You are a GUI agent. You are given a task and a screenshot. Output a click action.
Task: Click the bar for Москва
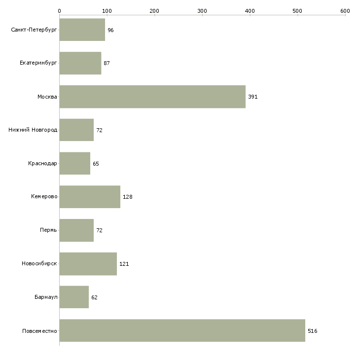click(152, 97)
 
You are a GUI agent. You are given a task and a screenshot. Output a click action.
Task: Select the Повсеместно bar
click(182, 330)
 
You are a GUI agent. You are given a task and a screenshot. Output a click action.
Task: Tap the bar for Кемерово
click(90, 197)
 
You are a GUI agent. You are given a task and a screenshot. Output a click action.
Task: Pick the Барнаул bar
click(74, 297)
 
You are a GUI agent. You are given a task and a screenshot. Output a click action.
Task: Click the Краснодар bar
click(75, 163)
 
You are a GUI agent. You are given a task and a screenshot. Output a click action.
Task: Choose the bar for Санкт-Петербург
click(82, 30)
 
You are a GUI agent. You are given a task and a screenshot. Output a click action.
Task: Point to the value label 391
click(253, 97)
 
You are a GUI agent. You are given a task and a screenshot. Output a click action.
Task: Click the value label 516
click(313, 331)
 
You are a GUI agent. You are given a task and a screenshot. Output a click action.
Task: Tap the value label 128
click(128, 197)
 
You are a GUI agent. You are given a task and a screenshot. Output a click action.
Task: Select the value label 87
click(107, 63)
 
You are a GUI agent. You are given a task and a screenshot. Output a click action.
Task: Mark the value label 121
click(124, 264)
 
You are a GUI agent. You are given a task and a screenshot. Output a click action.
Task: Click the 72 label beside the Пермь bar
click(100, 230)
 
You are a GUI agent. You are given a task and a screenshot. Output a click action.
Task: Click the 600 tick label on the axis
click(345, 11)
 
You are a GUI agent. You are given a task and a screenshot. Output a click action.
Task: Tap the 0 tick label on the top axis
click(60, 11)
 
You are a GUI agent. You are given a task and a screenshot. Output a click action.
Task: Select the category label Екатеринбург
click(38, 63)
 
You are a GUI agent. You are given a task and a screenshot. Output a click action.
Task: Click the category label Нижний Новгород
click(33, 130)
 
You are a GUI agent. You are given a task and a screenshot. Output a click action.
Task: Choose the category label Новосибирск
click(39, 263)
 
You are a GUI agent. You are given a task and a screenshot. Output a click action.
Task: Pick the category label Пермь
click(48, 230)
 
